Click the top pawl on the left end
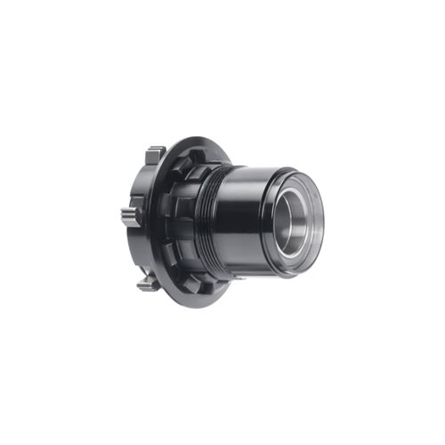point(155,154)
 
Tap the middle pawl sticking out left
point(130,216)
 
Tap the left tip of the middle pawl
point(122,216)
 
